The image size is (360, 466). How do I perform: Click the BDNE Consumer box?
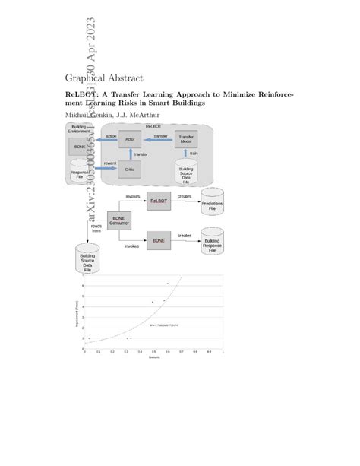(x=119, y=220)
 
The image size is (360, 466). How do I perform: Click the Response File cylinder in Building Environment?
(x=81, y=171)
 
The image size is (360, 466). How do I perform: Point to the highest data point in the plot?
(x=168, y=283)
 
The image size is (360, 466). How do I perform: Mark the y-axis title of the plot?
(x=76, y=313)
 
